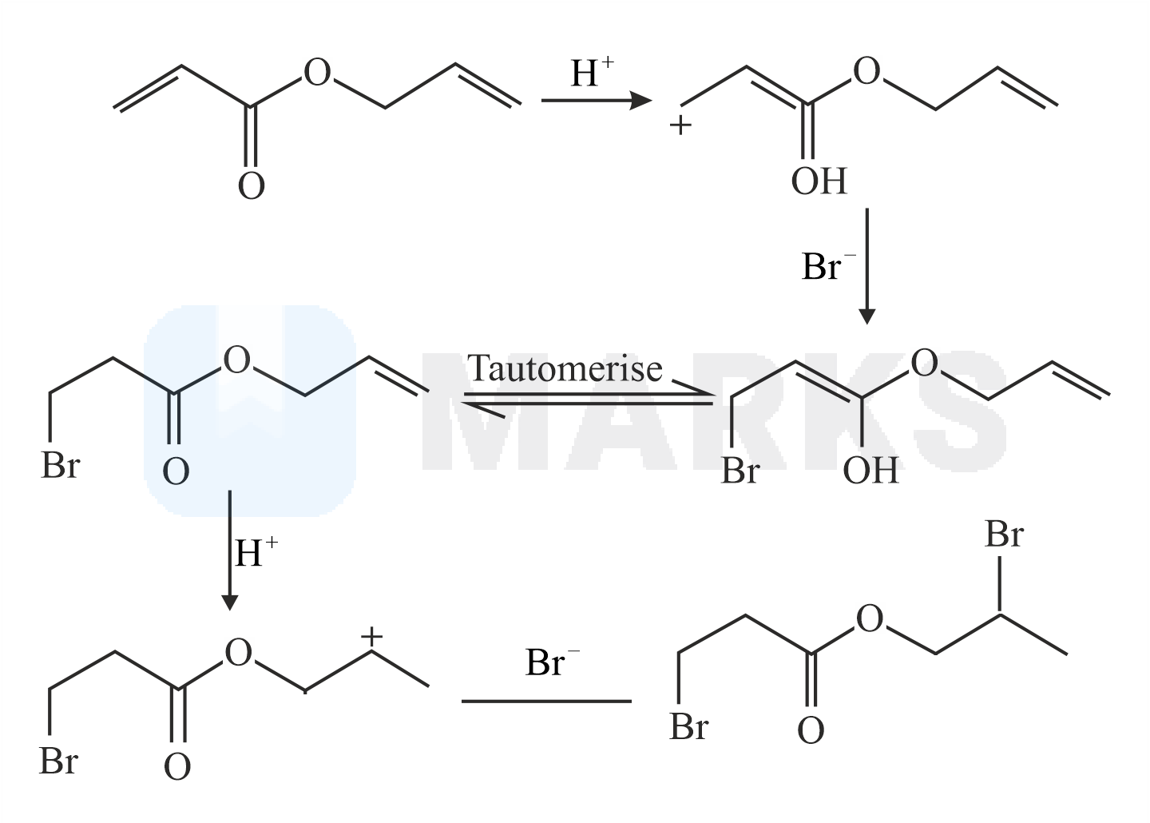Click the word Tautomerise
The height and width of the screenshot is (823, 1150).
[x=565, y=368]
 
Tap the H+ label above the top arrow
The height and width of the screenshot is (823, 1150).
[x=592, y=72]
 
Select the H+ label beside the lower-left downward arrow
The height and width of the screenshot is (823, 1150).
[x=256, y=552]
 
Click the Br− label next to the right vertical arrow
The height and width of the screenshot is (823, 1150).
[x=829, y=266]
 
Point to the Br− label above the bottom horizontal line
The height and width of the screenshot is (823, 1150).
[x=553, y=662]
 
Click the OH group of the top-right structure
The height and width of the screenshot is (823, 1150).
[x=819, y=181]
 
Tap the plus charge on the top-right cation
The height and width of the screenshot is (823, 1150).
[x=680, y=125]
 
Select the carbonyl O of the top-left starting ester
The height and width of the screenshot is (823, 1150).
[x=251, y=185]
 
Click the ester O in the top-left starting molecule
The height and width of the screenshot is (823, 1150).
[x=317, y=72]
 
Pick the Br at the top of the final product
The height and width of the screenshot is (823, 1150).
[x=1004, y=535]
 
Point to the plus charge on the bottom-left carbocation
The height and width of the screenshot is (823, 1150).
[x=371, y=637]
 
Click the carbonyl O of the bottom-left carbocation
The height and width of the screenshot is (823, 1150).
[x=177, y=767]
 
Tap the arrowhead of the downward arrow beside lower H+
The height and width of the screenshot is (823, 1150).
[x=229, y=602]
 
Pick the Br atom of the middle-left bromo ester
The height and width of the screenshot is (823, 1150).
[x=60, y=466]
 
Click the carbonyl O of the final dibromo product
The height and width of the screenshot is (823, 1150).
[x=811, y=730]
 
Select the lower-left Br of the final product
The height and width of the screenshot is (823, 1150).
[x=689, y=727]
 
